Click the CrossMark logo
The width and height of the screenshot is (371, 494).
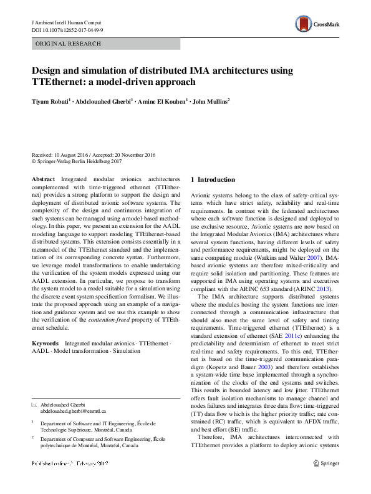click(x=317, y=24)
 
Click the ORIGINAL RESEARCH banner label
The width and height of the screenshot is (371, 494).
click(x=60, y=44)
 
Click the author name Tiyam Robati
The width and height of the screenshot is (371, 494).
click(x=52, y=101)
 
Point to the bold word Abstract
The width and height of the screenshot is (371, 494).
click(x=43, y=179)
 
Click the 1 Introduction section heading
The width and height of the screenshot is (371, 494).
click(x=213, y=180)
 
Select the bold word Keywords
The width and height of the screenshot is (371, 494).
click(x=45, y=343)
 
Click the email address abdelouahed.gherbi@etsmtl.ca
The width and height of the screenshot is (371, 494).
click(x=74, y=412)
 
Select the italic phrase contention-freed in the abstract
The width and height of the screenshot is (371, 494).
click(x=130, y=319)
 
